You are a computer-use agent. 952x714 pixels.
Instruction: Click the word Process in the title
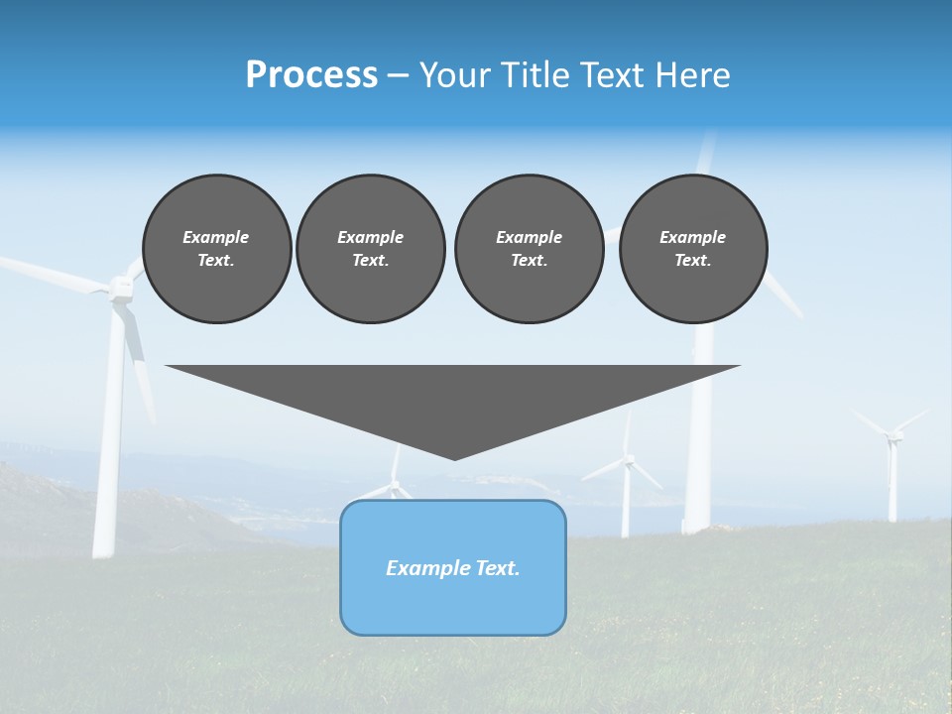coord(311,75)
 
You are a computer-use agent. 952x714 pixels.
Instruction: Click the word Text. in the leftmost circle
coord(216,261)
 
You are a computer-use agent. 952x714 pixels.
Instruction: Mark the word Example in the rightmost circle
coord(692,237)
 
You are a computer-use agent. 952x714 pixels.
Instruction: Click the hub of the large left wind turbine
coord(122,288)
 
